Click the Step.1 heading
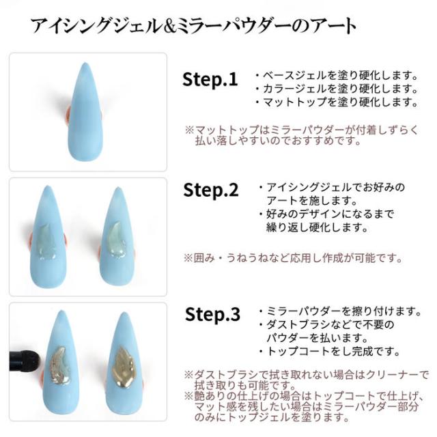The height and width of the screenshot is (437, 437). pyautogui.click(x=210, y=79)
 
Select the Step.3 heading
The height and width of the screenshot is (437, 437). pyautogui.click(x=212, y=315)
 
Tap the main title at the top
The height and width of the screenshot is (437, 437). pyautogui.click(x=193, y=26)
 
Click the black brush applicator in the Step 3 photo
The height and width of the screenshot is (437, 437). pyautogui.click(x=24, y=356)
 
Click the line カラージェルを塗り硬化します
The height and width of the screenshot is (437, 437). pyautogui.click(x=335, y=89)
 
